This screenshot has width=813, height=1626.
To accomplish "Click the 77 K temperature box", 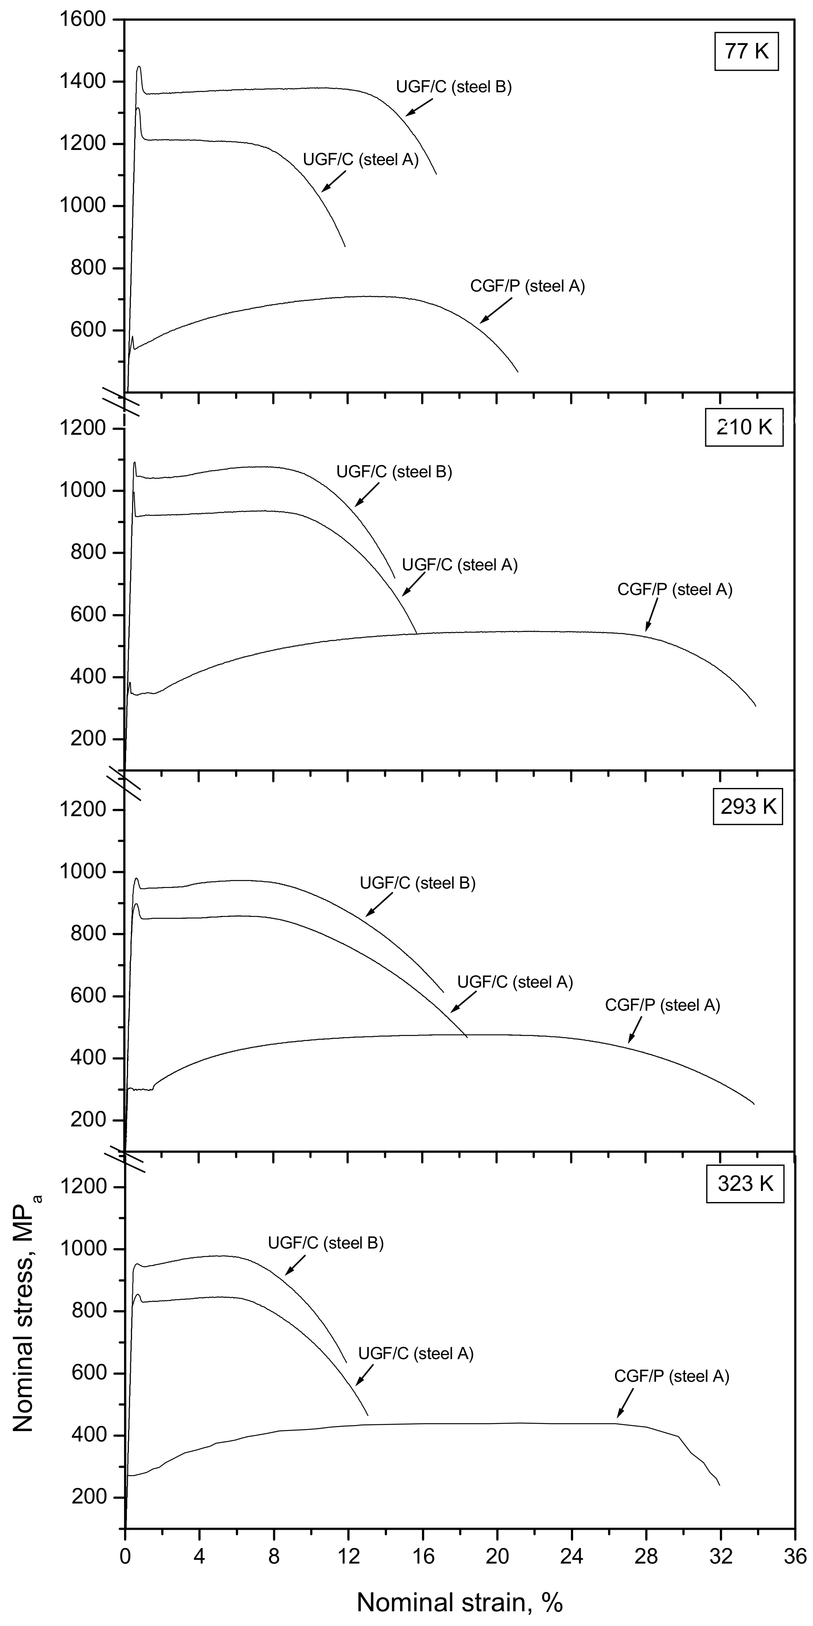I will click(x=747, y=51).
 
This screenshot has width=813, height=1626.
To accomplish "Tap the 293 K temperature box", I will click(x=748, y=807).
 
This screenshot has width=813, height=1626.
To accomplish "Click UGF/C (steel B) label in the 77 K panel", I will click(x=454, y=86).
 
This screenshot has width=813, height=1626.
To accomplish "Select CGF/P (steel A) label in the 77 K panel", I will click(x=528, y=286).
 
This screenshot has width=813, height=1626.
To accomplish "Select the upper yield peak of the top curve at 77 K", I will click(x=139, y=67).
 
